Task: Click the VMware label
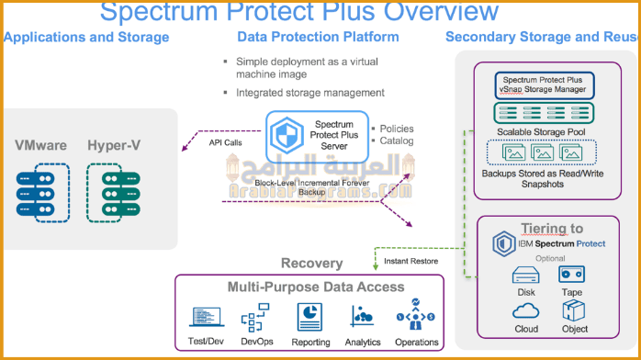click(40, 145)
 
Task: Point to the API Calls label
click(226, 142)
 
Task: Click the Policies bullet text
click(396, 128)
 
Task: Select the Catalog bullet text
click(396, 141)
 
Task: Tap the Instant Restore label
click(410, 262)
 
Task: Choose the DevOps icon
click(254, 318)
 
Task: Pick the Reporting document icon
click(309, 317)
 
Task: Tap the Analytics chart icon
click(362, 317)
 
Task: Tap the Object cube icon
click(575, 310)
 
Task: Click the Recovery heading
click(312, 264)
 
